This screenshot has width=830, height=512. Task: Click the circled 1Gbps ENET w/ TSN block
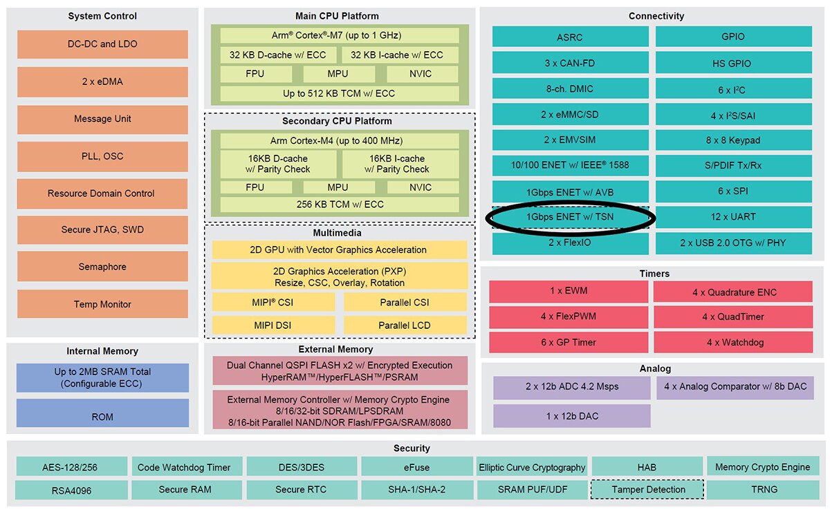(571, 217)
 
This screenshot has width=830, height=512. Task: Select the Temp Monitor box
(102, 304)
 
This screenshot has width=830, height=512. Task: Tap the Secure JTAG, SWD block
(102, 230)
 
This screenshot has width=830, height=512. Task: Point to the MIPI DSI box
(273, 325)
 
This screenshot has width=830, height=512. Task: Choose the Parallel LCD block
(405, 325)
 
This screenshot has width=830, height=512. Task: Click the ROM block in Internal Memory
(102, 417)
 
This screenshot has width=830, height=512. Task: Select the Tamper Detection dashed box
(647, 490)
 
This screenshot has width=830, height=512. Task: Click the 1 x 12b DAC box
(571, 416)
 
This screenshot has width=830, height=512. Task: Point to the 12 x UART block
(733, 217)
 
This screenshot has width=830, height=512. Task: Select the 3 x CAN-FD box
(571, 63)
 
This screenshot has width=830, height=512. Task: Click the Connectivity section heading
(656, 16)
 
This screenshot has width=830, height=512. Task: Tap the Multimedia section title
(339, 233)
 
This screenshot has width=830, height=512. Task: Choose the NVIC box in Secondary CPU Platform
(420, 187)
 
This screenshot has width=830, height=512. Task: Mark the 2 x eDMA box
(102, 82)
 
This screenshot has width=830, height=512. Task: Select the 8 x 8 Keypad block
(733, 140)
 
